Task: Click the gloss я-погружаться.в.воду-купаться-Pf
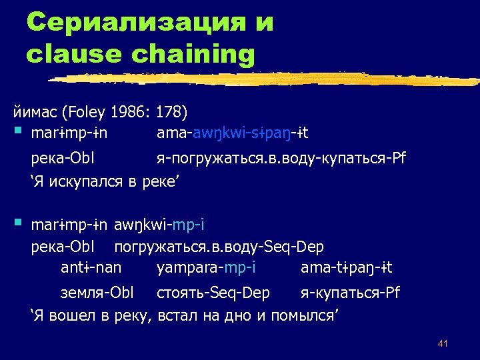point(280,160)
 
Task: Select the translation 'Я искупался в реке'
point(106,181)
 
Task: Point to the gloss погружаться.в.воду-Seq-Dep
point(219,247)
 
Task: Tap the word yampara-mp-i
point(205,268)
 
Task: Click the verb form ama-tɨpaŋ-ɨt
point(346,268)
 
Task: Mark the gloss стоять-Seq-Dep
point(213,293)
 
